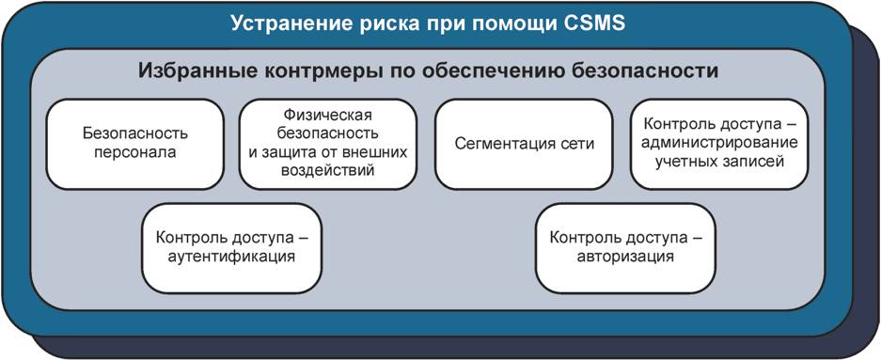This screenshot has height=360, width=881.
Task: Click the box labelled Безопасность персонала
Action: pyautogui.click(x=134, y=145)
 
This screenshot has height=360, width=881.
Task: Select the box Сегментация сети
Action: pyautogui.click(x=524, y=145)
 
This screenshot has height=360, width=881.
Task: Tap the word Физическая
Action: pyautogui.click(x=327, y=117)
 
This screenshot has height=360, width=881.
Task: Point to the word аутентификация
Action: pyautogui.click(x=231, y=258)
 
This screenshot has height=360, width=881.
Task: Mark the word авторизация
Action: pyautogui.click(x=625, y=258)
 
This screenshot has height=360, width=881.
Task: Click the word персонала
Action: pyautogui.click(x=134, y=152)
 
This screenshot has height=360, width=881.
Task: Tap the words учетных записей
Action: pyautogui.click(x=718, y=162)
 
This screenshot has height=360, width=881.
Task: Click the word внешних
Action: pyautogui.click(x=375, y=152)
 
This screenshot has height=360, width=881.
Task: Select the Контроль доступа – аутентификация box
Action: pyautogui.click(x=231, y=247)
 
